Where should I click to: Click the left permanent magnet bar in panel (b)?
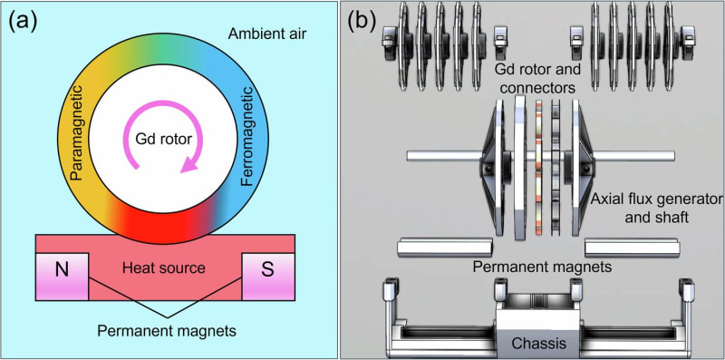tap(444, 248)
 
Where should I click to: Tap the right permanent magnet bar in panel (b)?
tap(631, 248)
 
